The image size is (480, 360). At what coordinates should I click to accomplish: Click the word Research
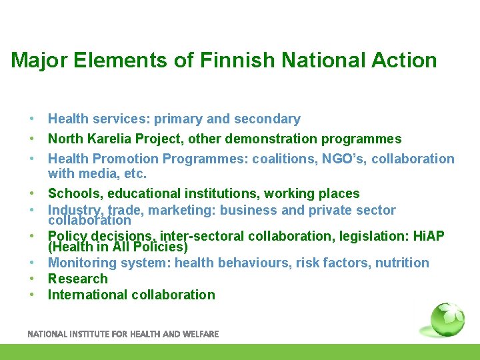click(x=77, y=279)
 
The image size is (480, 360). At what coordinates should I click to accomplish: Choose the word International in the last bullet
click(x=88, y=295)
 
